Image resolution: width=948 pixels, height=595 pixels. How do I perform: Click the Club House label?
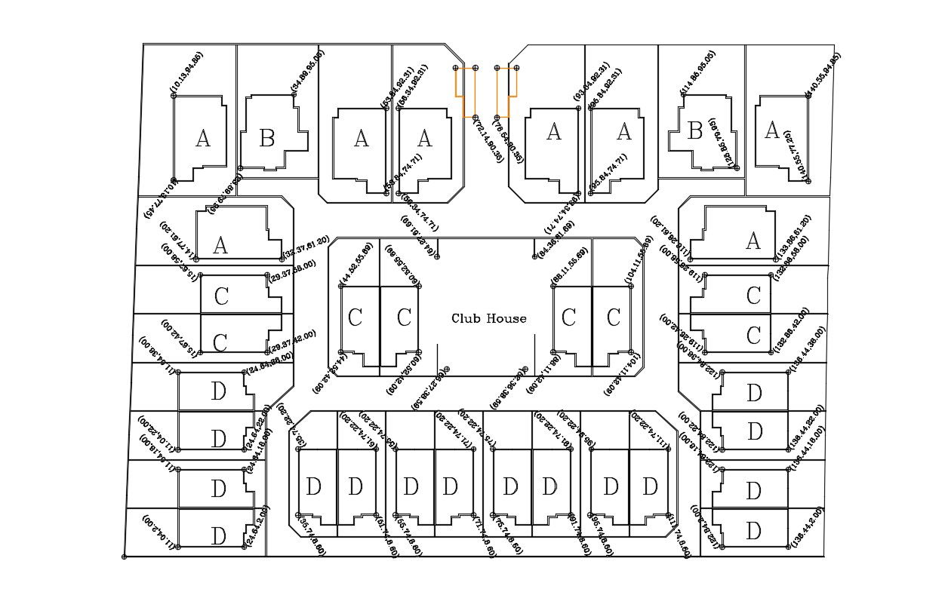(488, 318)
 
